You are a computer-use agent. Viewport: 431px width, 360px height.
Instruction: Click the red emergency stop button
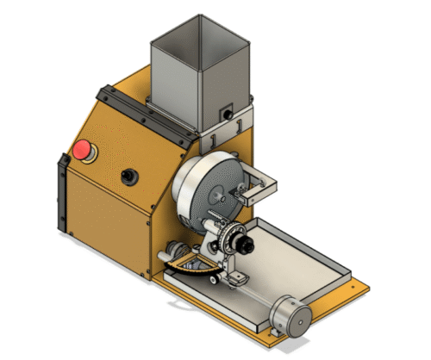(84, 150)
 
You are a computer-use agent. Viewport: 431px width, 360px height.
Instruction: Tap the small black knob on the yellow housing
(130, 176)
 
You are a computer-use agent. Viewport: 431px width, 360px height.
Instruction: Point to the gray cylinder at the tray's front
(290, 316)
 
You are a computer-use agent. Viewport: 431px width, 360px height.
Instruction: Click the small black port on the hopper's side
(228, 112)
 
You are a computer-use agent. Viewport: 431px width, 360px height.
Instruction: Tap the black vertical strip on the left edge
(62, 194)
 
